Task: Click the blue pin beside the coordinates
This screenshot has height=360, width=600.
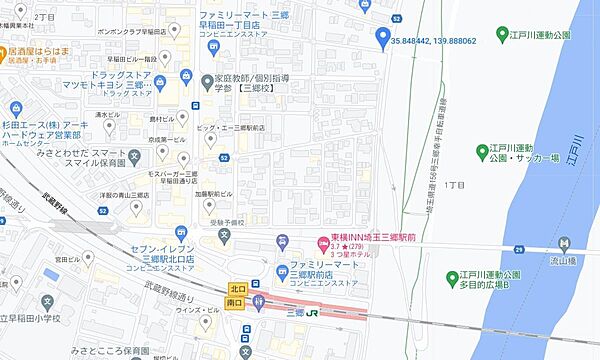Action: point(381,39)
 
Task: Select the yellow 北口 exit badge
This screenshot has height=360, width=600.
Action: point(237,285)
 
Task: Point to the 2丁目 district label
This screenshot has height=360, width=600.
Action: point(44,18)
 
